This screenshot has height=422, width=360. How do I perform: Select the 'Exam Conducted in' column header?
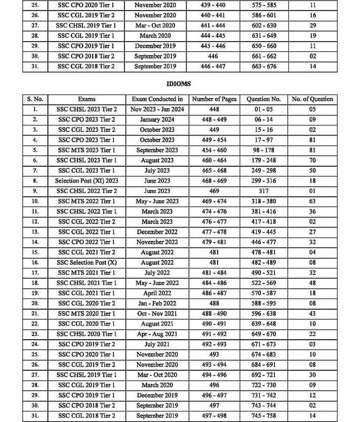[157, 99]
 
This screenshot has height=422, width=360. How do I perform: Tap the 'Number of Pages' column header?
[213, 99]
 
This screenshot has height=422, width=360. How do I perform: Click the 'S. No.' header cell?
[35, 99]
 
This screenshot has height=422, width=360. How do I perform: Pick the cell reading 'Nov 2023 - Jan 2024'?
[157, 110]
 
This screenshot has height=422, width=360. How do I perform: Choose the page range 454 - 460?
[213, 150]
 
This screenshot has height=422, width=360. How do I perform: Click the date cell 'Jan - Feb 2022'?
[157, 303]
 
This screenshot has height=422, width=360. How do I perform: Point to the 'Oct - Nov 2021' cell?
[157, 313]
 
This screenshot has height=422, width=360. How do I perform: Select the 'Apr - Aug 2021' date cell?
[157, 334]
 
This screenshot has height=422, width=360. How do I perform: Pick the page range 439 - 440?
[213, 5]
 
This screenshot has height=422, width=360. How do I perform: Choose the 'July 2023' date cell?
[157, 170]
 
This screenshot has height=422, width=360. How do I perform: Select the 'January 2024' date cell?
[157, 120]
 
